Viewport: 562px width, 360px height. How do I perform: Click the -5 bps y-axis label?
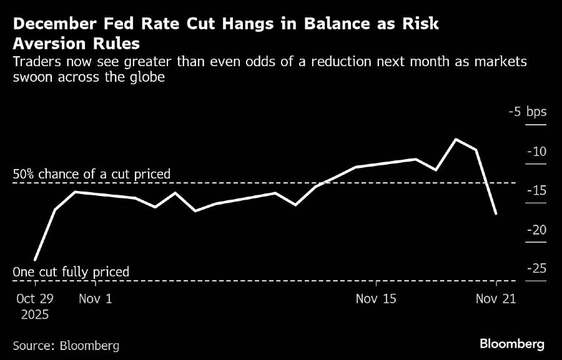527,112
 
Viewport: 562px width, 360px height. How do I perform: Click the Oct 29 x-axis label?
35,299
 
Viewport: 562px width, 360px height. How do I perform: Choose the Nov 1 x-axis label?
96,299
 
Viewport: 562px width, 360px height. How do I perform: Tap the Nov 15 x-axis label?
376,299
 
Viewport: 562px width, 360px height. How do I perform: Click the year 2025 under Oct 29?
35,314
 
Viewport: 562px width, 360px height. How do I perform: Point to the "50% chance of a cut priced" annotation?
91,174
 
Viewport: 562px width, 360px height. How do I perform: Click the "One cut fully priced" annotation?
71,272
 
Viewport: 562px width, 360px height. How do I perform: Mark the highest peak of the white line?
456,139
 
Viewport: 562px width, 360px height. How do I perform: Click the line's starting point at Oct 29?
35,260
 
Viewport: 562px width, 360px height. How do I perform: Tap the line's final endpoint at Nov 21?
496,213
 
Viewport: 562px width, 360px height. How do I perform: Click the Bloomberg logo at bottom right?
512,344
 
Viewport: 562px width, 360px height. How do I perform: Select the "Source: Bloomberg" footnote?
66,345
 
